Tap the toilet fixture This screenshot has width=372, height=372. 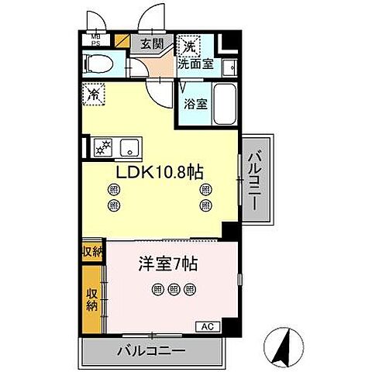(100, 64)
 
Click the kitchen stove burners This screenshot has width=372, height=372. (102, 146)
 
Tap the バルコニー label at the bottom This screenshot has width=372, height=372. (151, 350)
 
